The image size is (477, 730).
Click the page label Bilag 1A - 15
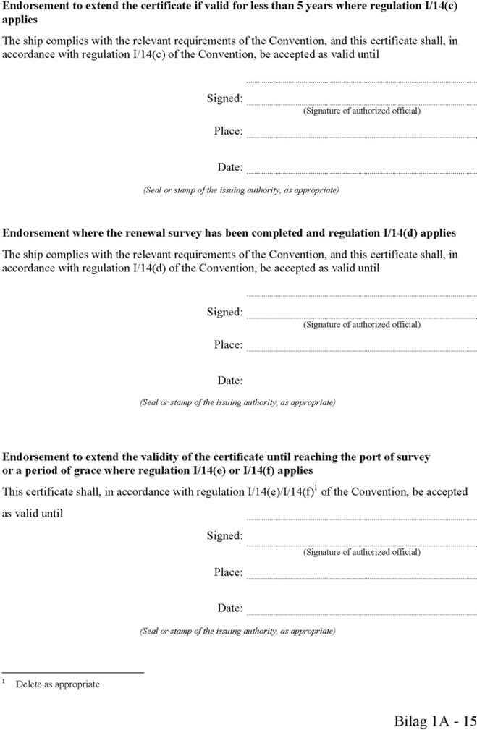(x=435, y=721)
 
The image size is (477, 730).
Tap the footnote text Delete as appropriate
(x=58, y=684)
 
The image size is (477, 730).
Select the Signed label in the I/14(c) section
(x=224, y=98)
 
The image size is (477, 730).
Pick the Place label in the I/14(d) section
(x=228, y=345)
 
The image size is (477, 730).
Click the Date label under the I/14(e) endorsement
(x=230, y=608)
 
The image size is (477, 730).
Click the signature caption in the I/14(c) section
(x=361, y=111)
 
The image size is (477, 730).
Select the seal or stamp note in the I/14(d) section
(x=237, y=402)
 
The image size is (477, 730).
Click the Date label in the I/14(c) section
(x=230, y=167)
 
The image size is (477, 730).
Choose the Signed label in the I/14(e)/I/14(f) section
(x=224, y=536)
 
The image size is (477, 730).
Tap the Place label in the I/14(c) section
(x=228, y=131)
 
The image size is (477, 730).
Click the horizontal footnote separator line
(x=73, y=673)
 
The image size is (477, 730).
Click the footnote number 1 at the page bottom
(x=4, y=682)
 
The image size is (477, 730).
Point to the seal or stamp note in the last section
(x=237, y=631)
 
